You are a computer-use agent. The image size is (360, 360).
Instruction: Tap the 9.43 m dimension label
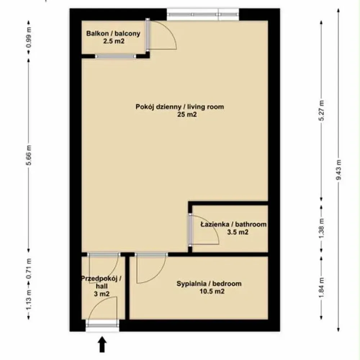click(x=338, y=170)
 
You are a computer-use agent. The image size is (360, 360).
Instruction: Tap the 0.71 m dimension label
click(x=29, y=269)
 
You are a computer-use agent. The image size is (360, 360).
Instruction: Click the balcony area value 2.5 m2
click(x=114, y=41)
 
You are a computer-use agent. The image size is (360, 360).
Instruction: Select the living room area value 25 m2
click(x=187, y=114)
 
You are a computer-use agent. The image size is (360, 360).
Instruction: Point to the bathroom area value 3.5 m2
click(x=238, y=232)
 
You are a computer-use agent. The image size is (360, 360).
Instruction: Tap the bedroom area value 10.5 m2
click(x=212, y=291)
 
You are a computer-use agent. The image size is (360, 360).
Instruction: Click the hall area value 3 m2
click(x=102, y=294)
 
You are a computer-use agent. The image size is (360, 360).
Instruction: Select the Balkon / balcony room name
click(x=113, y=33)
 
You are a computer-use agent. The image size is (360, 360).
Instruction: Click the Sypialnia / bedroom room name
click(x=209, y=284)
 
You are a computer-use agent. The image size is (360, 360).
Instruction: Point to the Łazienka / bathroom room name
click(x=234, y=224)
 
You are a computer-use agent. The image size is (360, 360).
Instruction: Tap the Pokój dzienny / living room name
click(x=180, y=107)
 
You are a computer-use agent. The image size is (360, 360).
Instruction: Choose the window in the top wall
click(x=203, y=14)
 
